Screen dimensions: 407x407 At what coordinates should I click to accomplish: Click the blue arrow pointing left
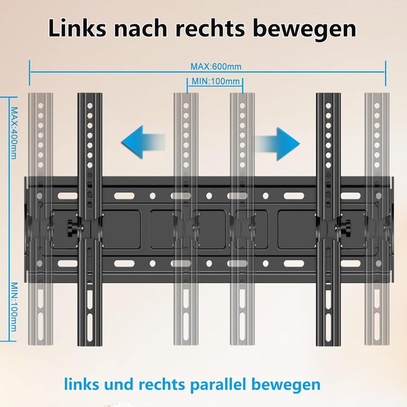pyautogui.click(x=142, y=142)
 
